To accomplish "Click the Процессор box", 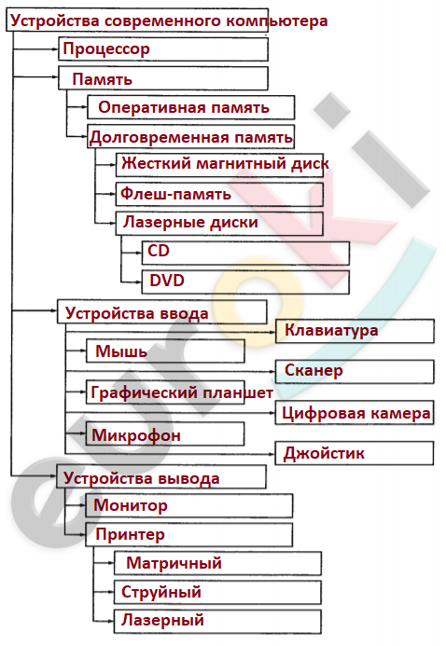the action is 163,49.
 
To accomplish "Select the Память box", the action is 163,78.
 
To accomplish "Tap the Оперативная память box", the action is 191,107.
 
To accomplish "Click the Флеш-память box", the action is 219,194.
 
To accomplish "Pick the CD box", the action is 245,253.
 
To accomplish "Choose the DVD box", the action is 245,282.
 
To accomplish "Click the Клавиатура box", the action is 355,331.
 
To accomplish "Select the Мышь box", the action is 165,351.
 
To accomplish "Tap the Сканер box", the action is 355,372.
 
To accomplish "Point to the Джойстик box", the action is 355,453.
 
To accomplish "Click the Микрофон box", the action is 165,433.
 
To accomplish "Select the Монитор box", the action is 189,505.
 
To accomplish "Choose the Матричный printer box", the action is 217,563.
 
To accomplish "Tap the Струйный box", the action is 217,593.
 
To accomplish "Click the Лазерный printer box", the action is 217,622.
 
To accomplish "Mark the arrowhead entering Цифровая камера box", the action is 272,412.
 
